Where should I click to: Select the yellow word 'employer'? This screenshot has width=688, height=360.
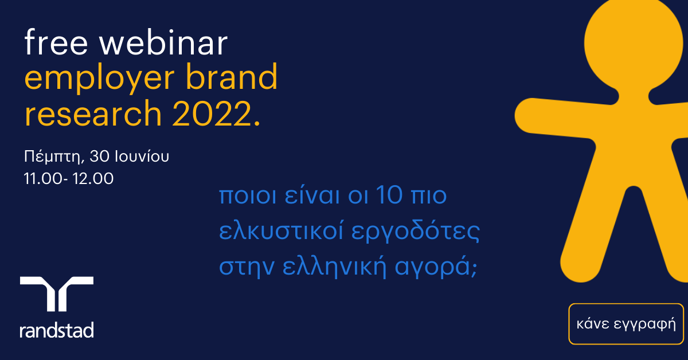pos(100,79)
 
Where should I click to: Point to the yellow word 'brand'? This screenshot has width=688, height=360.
pos(232,76)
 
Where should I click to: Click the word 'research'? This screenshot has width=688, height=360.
pos(93,114)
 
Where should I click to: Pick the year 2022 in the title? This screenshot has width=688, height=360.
pos(213,114)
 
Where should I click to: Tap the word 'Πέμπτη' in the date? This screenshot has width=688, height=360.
pos(54,156)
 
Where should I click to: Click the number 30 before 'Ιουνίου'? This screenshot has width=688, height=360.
pos(100,156)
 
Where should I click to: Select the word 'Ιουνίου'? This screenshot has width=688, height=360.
pos(142,156)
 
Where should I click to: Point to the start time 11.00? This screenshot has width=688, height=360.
pos(44,178)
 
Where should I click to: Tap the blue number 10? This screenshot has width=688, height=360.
pos(389,195)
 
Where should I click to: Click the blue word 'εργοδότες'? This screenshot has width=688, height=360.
pos(416,232)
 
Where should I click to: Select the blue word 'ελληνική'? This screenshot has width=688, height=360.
pos(334,267)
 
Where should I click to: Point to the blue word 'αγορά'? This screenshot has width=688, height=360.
pos(432,267)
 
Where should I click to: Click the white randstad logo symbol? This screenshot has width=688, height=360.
pos(57,294)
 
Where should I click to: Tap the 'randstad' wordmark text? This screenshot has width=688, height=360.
pos(57,330)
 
